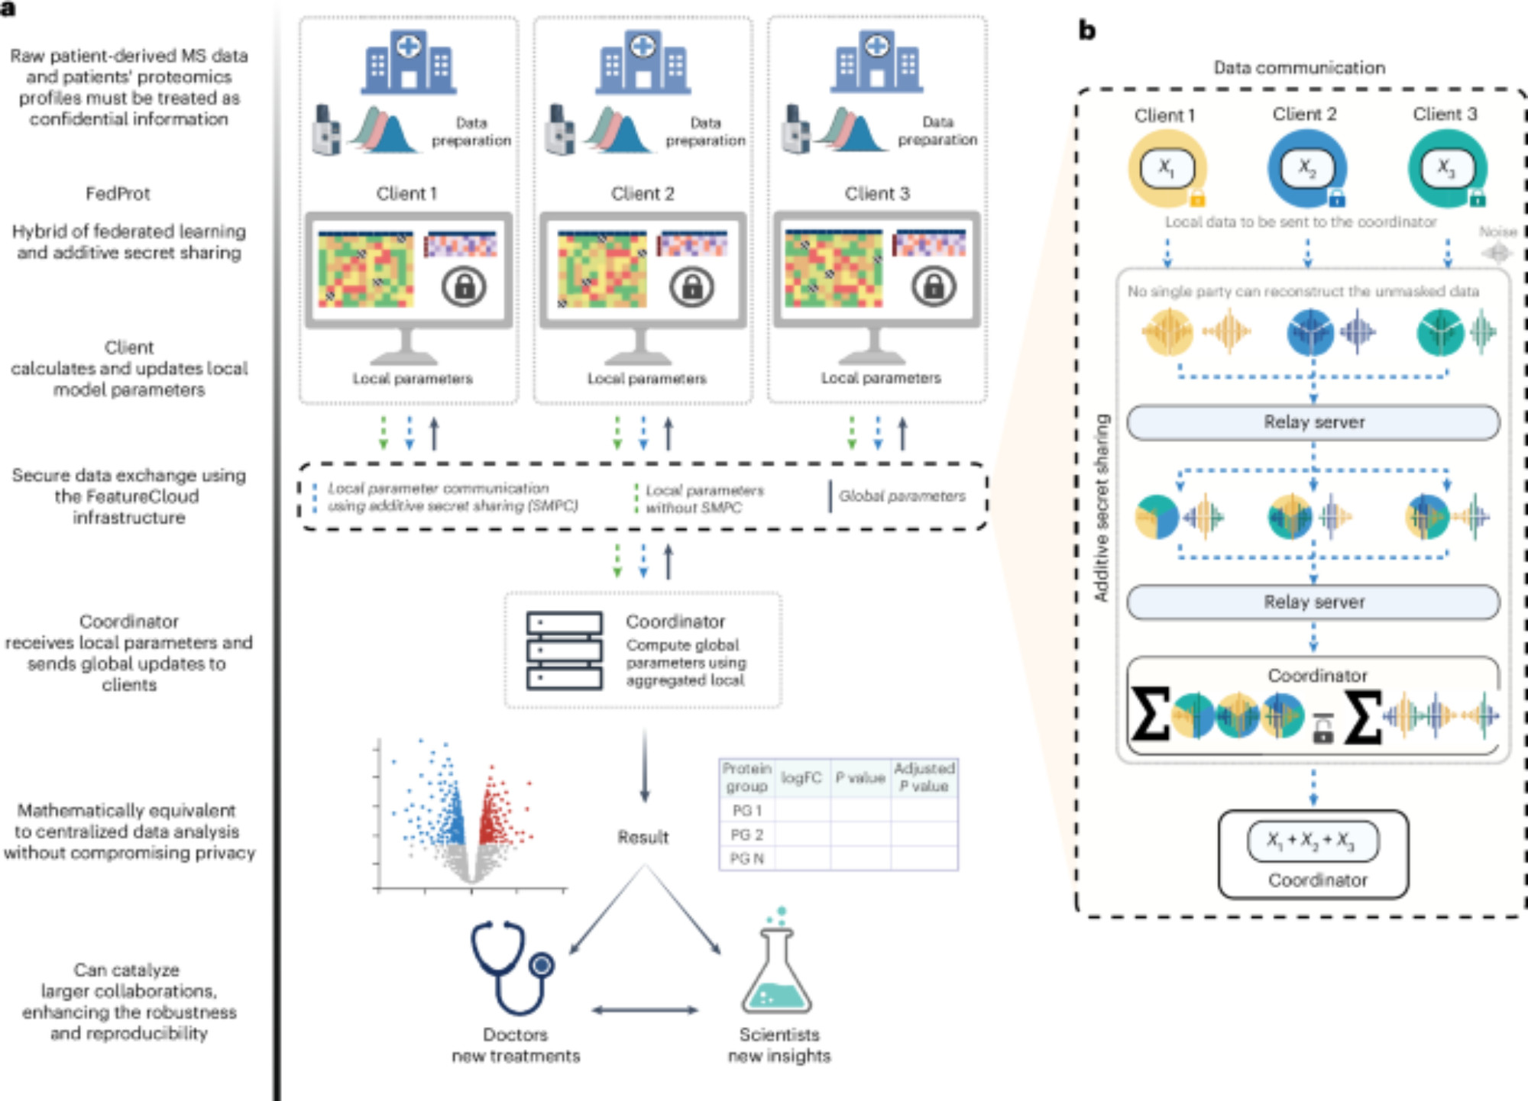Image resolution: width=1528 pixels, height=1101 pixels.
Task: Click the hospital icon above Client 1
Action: [x=409, y=63]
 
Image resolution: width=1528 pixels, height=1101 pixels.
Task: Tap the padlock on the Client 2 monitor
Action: [x=691, y=288]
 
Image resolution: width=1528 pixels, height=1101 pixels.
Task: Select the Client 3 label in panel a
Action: [x=877, y=194]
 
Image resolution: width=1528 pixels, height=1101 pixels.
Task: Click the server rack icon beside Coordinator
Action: [x=564, y=651]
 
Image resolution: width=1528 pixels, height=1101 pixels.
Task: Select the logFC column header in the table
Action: [x=801, y=778]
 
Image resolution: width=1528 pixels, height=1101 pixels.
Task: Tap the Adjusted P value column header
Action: [x=924, y=777]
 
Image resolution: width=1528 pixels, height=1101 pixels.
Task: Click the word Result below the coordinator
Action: [x=643, y=838]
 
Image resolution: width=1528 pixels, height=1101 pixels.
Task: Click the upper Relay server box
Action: [x=1313, y=422]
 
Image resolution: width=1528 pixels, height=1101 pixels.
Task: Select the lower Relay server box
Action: [x=1313, y=602]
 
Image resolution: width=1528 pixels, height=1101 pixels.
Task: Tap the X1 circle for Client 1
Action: [x=1167, y=168]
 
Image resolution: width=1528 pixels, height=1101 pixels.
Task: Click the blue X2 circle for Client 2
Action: [x=1307, y=168]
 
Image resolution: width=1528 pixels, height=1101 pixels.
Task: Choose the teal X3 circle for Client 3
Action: [x=1446, y=168]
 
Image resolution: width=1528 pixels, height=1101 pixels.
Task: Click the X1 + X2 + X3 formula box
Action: [x=1313, y=841]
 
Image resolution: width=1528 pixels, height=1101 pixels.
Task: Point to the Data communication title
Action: [x=1299, y=68]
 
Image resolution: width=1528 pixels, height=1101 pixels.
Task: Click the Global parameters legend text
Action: [x=902, y=496]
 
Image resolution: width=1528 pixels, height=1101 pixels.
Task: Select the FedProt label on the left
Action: [x=118, y=194]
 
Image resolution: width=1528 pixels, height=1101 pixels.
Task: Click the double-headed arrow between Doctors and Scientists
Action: [x=645, y=1010]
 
